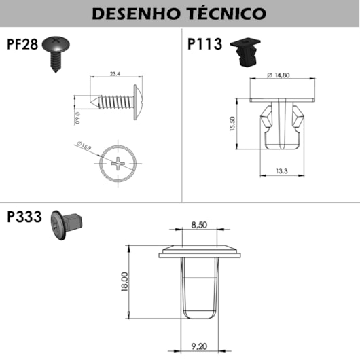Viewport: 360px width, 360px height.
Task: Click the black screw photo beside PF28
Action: (58, 50)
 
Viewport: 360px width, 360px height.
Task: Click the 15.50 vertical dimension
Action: (232, 124)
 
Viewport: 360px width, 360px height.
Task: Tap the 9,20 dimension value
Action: (199, 347)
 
